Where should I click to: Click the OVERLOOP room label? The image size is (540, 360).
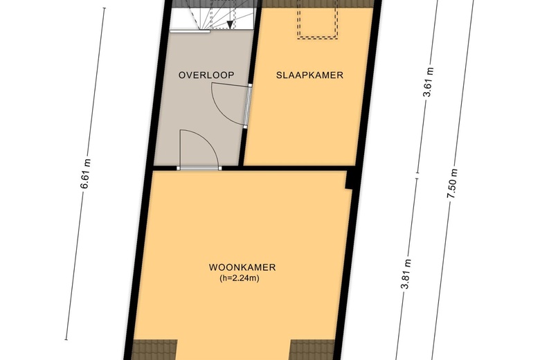click(x=206, y=75)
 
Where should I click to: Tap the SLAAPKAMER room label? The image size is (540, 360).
click(x=309, y=75)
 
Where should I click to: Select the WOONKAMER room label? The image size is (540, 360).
click(x=242, y=267)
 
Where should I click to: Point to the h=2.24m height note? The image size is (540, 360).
click(x=240, y=278)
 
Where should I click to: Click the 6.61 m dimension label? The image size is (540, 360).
click(x=85, y=174)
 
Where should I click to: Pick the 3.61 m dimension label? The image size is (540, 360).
click(x=428, y=82)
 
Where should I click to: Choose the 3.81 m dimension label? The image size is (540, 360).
click(x=406, y=274)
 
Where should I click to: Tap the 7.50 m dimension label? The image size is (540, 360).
click(x=452, y=183)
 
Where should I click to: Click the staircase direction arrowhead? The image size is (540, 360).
click(x=230, y=24)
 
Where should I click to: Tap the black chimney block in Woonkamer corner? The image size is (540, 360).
click(x=351, y=179)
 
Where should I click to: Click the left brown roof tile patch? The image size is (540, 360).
click(x=155, y=350)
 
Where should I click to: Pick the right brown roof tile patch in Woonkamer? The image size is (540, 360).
click(x=312, y=350)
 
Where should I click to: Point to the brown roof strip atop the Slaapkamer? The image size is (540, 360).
click(x=318, y=3)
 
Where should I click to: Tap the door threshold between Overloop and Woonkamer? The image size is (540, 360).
click(x=199, y=168)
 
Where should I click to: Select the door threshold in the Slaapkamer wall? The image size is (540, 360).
click(x=247, y=107)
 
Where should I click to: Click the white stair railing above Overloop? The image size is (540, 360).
click(x=190, y=31)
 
